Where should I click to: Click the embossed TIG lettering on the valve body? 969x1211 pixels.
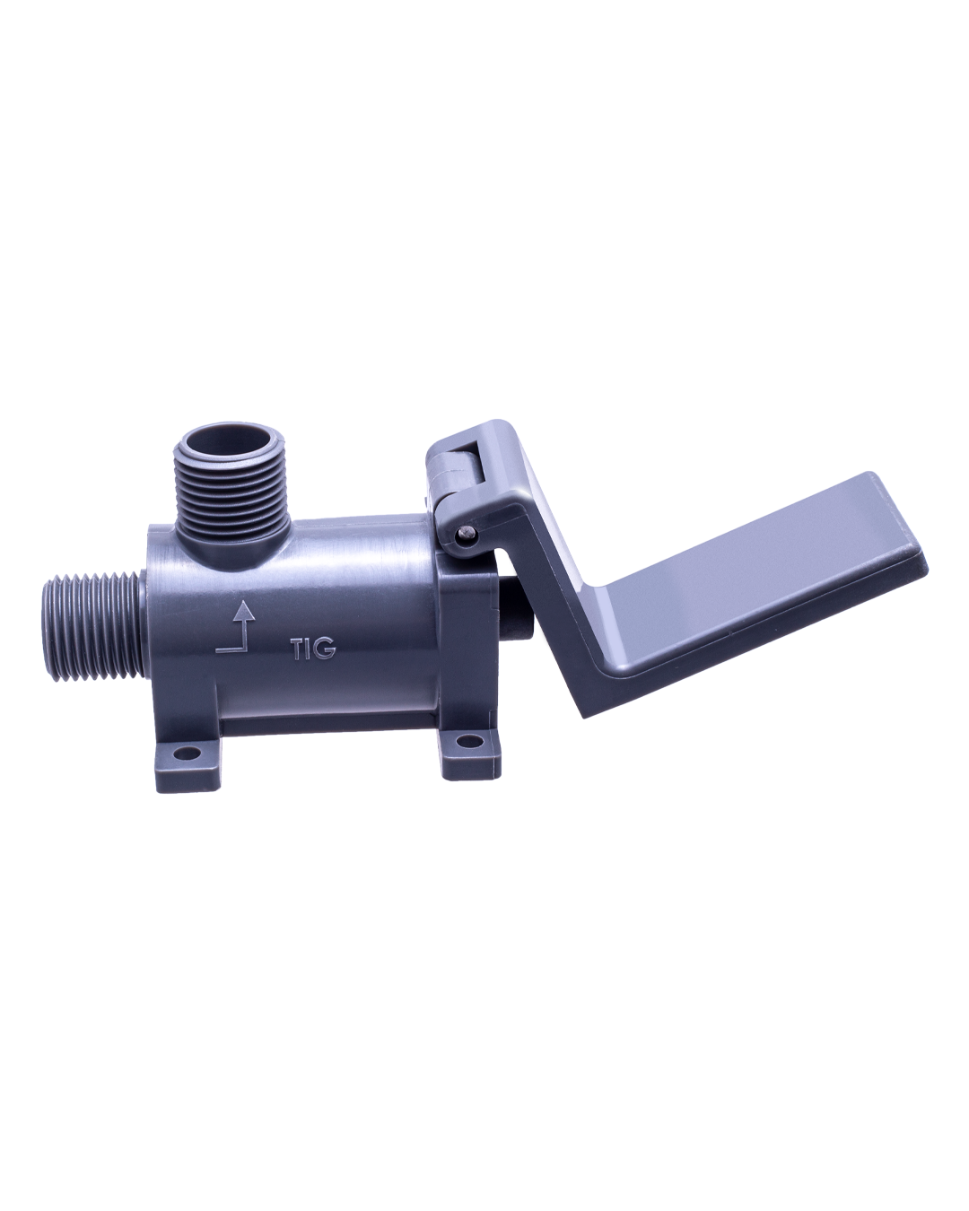314,649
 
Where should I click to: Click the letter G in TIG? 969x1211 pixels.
326,649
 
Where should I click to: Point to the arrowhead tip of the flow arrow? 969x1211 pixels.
244,599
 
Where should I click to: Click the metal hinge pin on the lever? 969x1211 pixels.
465,532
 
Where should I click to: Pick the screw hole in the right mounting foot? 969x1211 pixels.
463,742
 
